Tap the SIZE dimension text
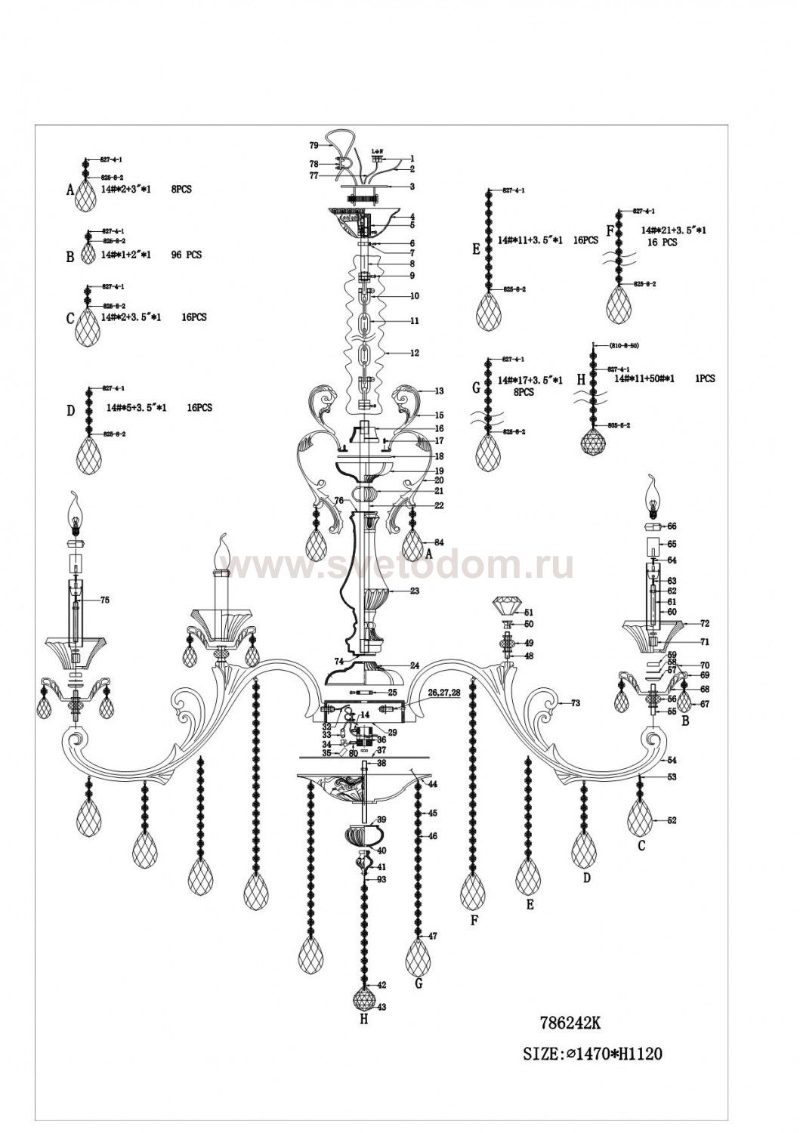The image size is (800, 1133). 593,1054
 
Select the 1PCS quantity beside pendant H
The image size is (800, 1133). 705,379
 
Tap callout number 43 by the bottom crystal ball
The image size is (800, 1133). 381,1007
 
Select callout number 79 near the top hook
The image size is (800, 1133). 314,144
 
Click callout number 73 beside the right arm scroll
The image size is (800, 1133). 575,703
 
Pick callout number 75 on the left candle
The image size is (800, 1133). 104,600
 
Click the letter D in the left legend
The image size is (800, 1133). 70,411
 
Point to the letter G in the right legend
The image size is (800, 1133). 476,388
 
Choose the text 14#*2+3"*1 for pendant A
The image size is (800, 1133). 126,190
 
